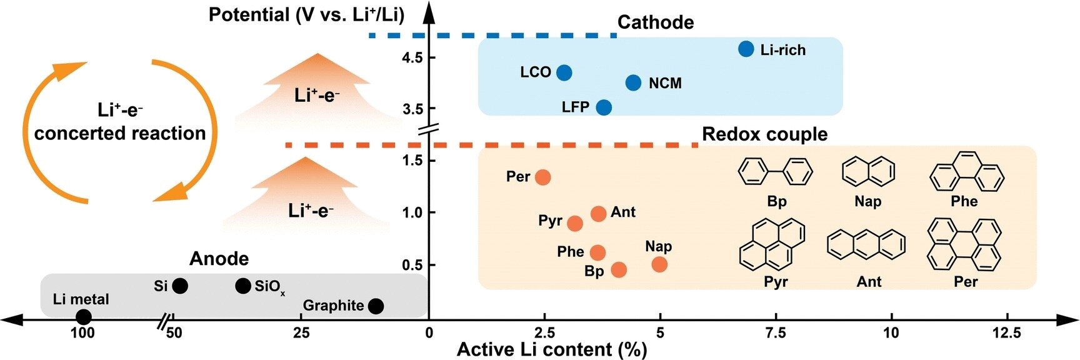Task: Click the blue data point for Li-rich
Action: (x=746, y=49)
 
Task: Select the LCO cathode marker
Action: (x=564, y=72)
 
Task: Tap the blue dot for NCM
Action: (x=633, y=82)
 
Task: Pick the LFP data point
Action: (x=604, y=107)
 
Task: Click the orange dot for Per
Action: (x=543, y=177)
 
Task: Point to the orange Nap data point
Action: (x=659, y=264)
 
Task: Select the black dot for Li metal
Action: (x=83, y=317)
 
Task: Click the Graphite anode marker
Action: (x=376, y=306)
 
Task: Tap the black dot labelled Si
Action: (x=180, y=286)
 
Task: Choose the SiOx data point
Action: (x=243, y=286)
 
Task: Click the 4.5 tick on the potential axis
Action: (x=412, y=57)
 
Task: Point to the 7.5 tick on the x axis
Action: (x=776, y=333)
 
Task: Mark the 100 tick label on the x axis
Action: (x=82, y=333)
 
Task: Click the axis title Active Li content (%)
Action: (x=552, y=349)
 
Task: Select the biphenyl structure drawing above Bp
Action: (x=775, y=171)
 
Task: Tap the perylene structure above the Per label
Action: (x=964, y=244)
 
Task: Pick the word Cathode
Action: (x=656, y=22)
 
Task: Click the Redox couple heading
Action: (x=764, y=134)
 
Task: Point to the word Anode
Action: (x=219, y=259)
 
